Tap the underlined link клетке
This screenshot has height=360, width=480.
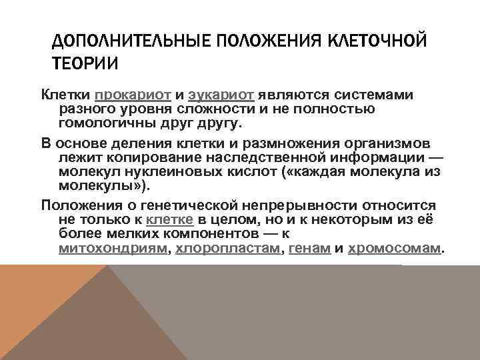click(x=170, y=219)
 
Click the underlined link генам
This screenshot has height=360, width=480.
click(x=310, y=249)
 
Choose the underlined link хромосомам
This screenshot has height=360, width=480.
click(x=395, y=249)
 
